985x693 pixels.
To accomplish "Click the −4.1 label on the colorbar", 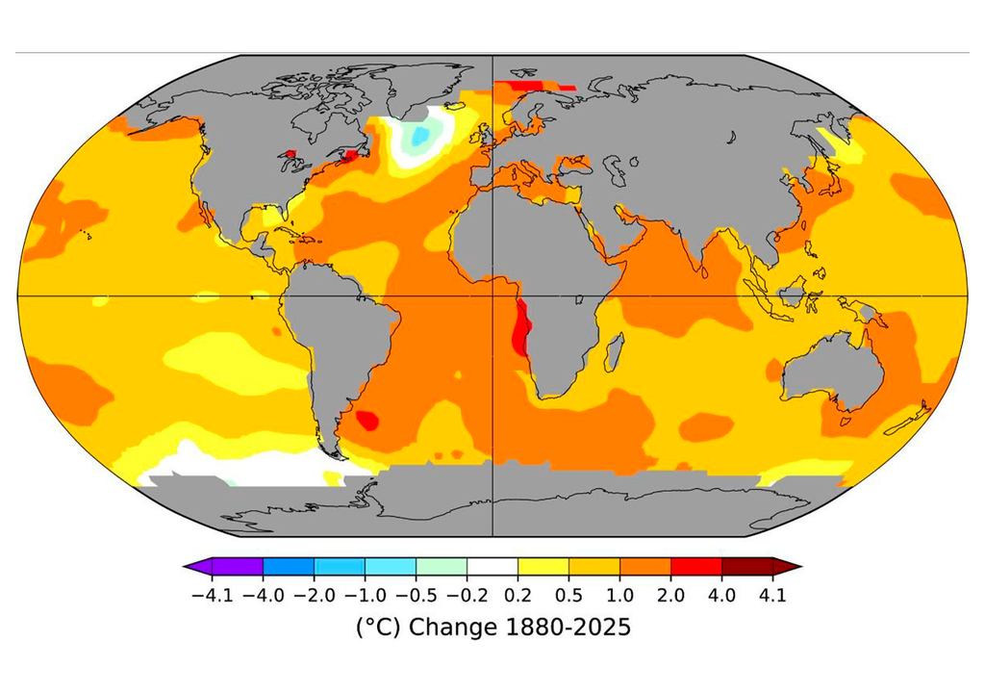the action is click(x=212, y=595).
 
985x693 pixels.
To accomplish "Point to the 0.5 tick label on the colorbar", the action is click(x=568, y=595).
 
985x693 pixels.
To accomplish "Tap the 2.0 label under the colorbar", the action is click(x=670, y=595).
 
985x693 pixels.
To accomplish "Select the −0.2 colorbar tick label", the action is click(x=467, y=595).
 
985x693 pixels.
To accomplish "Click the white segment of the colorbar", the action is click(x=492, y=567).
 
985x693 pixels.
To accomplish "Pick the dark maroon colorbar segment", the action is click(x=746, y=567).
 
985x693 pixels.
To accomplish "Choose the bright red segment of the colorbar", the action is click(x=696, y=567).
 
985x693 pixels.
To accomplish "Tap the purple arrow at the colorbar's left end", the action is click(x=198, y=567).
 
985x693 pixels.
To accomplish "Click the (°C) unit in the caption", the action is click(x=378, y=628).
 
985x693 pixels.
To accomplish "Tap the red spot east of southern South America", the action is click(x=367, y=420).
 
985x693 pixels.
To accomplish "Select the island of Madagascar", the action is click(x=615, y=351).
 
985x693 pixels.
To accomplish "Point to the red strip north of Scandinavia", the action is click(x=534, y=86).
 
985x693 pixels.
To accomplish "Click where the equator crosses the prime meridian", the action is click(x=492, y=295).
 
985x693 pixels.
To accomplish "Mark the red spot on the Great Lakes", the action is click(x=290, y=153).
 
